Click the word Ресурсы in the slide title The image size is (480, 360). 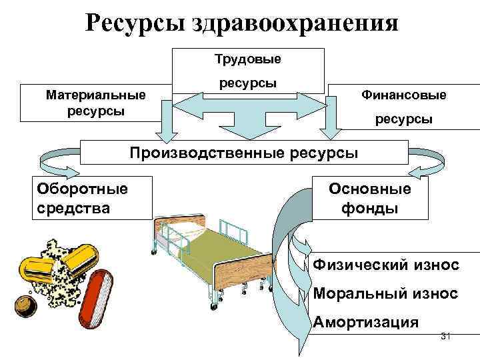click(x=134, y=23)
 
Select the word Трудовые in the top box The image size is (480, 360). click(x=247, y=59)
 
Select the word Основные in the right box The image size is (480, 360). click(x=370, y=188)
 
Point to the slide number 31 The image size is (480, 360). click(x=446, y=337)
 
